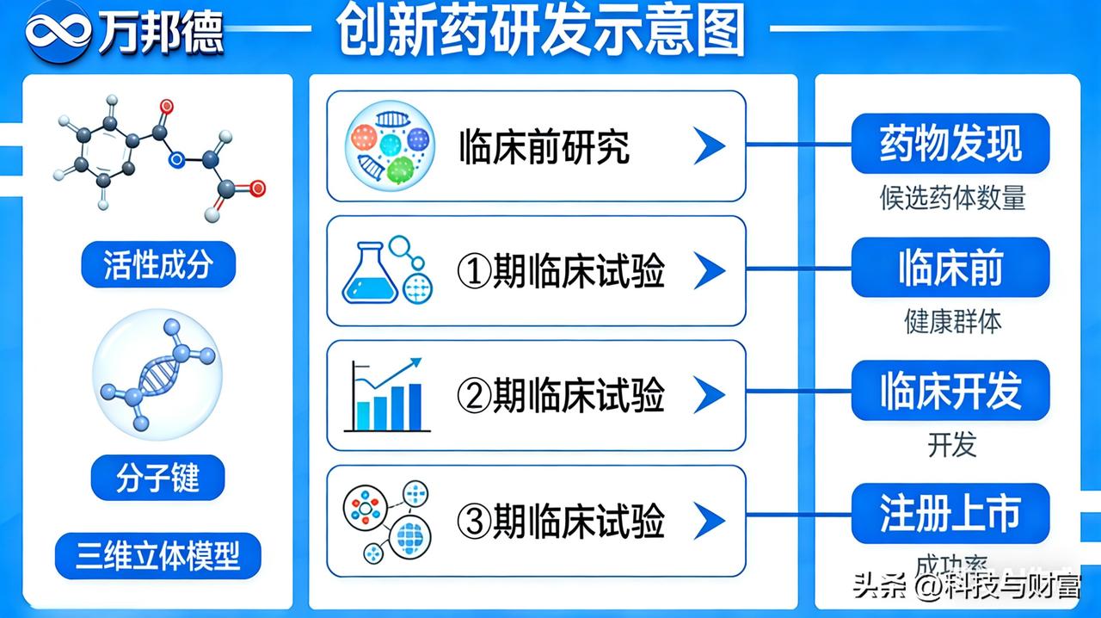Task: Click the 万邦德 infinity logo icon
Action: click(58, 31)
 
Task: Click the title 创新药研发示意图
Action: click(540, 31)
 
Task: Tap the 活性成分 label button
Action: click(157, 264)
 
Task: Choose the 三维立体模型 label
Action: click(157, 555)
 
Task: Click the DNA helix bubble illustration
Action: click(157, 374)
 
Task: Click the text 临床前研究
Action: click(544, 147)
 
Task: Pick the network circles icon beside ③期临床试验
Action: click(387, 521)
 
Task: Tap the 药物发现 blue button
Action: click(950, 144)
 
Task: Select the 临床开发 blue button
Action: click(950, 391)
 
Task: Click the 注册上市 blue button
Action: click(950, 514)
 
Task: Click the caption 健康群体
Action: click(952, 321)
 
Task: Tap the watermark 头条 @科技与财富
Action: click(965, 588)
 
